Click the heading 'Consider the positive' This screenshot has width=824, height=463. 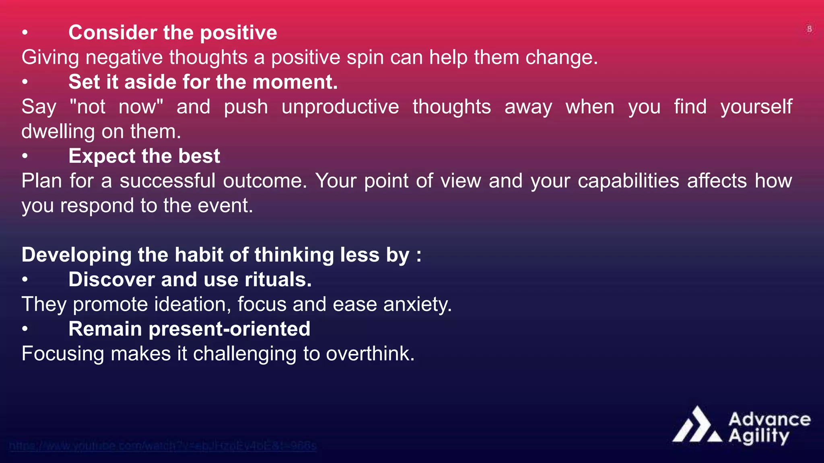click(x=173, y=33)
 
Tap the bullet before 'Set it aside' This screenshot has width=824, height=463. click(x=25, y=82)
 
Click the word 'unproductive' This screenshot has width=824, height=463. click(x=340, y=107)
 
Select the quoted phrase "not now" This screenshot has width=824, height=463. click(x=116, y=107)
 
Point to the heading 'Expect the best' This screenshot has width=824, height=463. click(x=144, y=156)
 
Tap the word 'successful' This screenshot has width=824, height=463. click(x=167, y=181)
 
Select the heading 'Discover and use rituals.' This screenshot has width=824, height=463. click(x=190, y=279)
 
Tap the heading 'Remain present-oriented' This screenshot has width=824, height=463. click(x=189, y=329)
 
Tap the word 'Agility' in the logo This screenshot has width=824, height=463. click(x=759, y=436)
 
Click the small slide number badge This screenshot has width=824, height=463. click(x=809, y=29)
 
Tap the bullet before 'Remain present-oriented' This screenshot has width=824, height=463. click(x=25, y=329)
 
